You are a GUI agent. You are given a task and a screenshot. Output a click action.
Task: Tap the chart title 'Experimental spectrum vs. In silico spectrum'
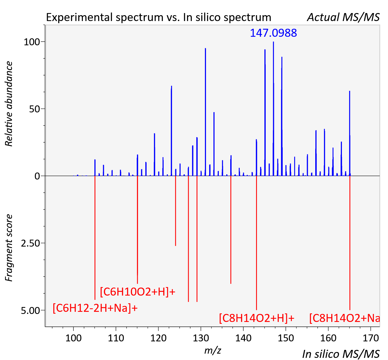(159, 17)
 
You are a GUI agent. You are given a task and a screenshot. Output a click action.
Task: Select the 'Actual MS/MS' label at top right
(343, 17)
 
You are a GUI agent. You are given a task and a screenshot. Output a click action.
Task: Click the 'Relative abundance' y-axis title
(9, 104)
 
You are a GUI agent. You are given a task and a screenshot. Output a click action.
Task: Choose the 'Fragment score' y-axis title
(9, 248)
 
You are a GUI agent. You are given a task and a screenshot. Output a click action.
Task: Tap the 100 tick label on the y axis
(32, 42)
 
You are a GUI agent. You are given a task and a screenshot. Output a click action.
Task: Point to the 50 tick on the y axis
(35, 109)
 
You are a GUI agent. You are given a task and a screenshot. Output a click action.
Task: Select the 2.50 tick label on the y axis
(30, 243)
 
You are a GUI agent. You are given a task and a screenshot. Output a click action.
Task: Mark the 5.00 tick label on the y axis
(30, 311)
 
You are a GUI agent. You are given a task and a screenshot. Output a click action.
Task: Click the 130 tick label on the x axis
(201, 338)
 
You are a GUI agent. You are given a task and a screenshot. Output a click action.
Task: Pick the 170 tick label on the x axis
(371, 338)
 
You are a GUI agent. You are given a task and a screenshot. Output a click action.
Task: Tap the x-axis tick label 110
(116, 338)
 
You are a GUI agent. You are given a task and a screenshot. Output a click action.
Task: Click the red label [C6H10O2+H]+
(138, 292)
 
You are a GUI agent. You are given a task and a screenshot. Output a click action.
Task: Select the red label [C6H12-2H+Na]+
(95, 308)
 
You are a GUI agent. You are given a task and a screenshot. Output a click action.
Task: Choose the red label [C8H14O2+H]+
(257, 318)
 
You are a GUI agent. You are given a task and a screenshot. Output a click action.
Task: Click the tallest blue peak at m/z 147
(273, 109)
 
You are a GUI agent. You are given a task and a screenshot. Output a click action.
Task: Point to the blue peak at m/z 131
(205, 112)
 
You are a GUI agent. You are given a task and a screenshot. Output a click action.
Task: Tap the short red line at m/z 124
(175, 211)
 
